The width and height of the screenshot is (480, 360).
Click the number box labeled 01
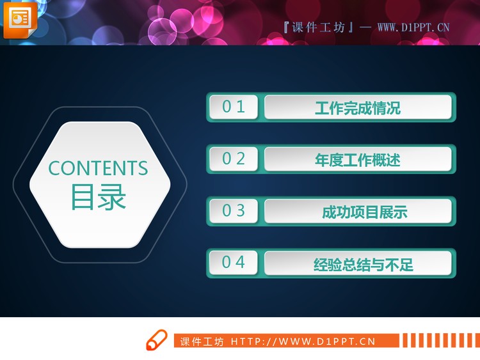tap(234, 107)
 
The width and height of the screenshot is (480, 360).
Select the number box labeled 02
tap(234, 159)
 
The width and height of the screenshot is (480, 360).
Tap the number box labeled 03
tap(234, 210)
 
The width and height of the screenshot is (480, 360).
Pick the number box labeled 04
tap(234, 262)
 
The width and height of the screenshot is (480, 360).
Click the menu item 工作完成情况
tap(358, 107)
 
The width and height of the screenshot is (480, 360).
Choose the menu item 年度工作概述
tap(358, 159)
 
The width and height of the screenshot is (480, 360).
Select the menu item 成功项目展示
tap(364, 212)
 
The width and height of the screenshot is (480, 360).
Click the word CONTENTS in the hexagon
tap(98, 168)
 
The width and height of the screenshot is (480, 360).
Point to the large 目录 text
tap(98, 197)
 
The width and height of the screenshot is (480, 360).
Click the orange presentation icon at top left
tap(20, 19)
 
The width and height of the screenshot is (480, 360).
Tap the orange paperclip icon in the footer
tap(156, 340)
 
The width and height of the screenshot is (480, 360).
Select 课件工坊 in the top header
tap(318, 27)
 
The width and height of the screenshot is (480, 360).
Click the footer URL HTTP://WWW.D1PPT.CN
tap(303, 341)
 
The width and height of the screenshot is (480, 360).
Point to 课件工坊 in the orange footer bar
tap(202, 341)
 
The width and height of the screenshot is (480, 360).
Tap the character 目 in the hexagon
tap(83, 197)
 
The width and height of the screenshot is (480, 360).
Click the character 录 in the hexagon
tap(113, 197)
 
